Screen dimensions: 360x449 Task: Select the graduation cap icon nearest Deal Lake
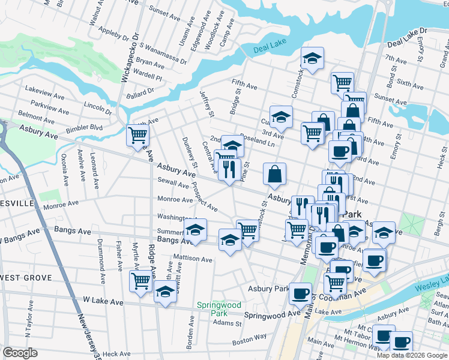tap(312, 58)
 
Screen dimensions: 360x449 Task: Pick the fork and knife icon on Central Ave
tap(229, 169)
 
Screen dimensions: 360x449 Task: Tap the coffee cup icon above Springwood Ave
tap(300, 293)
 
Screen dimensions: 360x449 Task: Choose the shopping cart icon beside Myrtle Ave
tap(141, 280)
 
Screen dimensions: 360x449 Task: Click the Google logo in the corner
tap(20, 352)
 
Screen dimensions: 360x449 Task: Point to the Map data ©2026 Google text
tap(412, 355)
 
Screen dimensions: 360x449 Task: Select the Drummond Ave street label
tap(103, 261)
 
